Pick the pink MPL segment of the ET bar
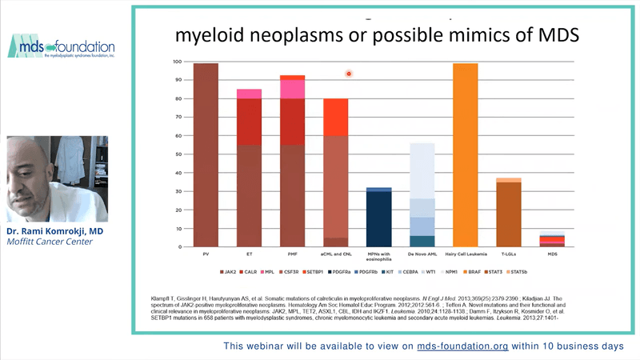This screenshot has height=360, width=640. tap(249, 94)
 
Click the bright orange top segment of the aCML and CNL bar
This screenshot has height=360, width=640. tap(335, 117)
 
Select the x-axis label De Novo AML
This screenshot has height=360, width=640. tap(422, 254)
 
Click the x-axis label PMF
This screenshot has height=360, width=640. tap(292, 254)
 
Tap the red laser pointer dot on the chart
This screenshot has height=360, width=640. tap(349, 74)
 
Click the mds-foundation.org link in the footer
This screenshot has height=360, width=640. tap(462, 346)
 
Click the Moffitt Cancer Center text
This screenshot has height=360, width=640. tap(49, 242)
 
